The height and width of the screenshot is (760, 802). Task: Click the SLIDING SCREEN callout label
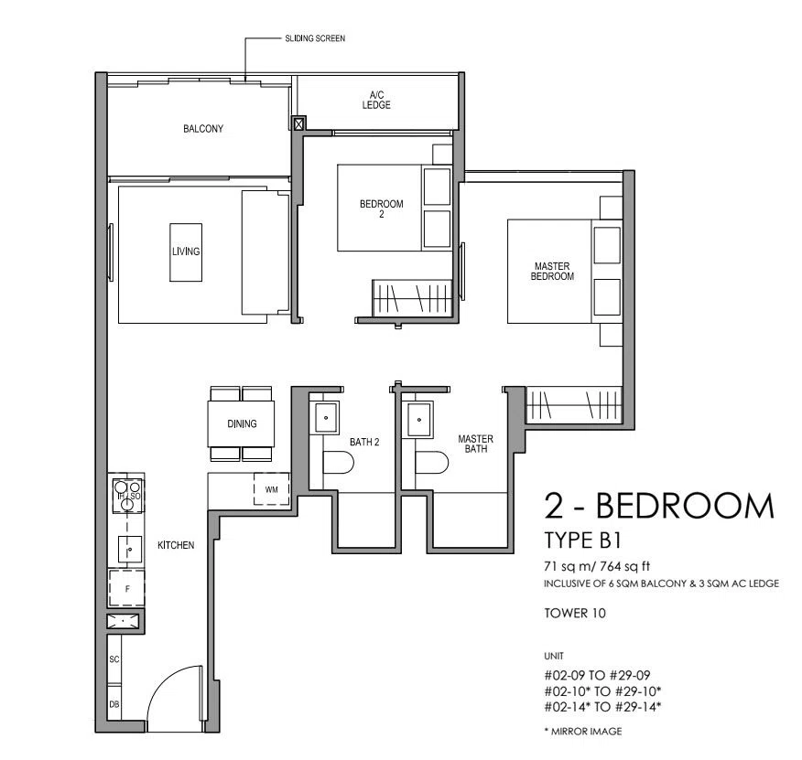tap(315, 38)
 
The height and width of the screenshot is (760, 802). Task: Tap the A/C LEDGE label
tap(376, 100)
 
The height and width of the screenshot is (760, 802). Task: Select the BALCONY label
tap(203, 128)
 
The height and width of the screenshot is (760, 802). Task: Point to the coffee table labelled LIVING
tap(186, 252)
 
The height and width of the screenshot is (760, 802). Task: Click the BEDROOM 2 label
tap(382, 209)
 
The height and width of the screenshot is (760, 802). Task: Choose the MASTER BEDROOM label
tap(552, 271)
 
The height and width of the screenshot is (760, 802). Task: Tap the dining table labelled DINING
tap(241, 423)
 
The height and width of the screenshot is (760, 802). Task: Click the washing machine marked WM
tap(272, 489)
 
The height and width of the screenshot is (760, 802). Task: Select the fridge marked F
tap(127, 588)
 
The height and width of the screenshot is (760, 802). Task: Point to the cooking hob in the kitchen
tap(127, 496)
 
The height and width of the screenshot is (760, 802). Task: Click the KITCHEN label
tap(176, 545)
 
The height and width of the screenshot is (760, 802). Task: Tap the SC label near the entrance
tap(114, 659)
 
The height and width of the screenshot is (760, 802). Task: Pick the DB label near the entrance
tap(114, 704)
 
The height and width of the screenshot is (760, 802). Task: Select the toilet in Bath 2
tap(338, 463)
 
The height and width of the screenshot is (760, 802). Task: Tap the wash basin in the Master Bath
tap(419, 420)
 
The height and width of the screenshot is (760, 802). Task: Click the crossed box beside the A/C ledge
tap(298, 123)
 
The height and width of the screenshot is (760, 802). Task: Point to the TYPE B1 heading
tap(582, 541)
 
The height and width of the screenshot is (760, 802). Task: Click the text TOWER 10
tap(575, 613)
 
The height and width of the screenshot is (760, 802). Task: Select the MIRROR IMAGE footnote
tap(583, 732)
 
